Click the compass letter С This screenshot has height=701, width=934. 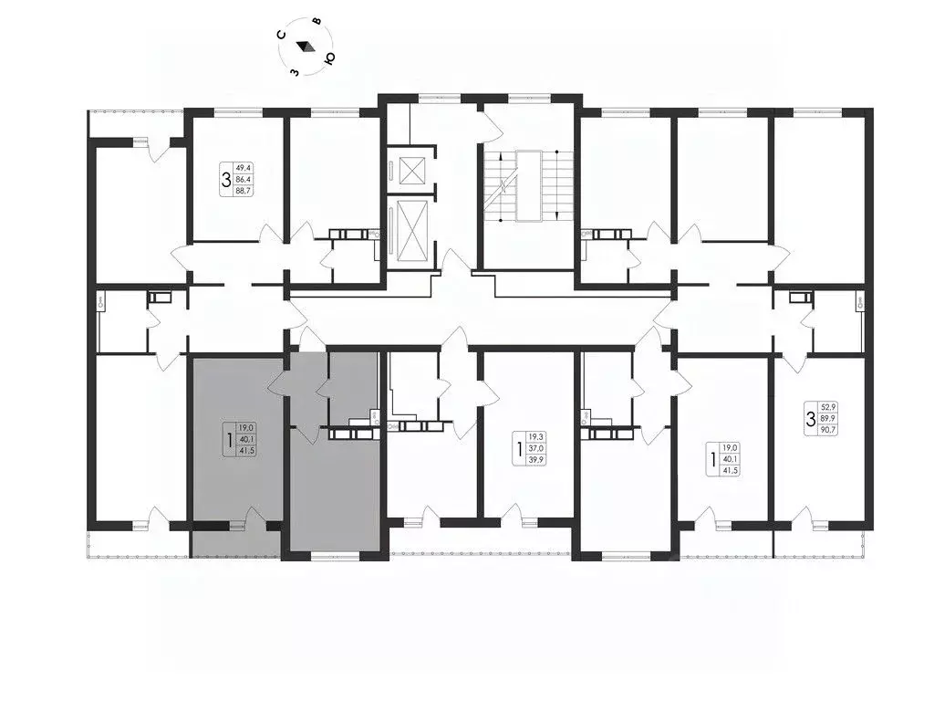(x=283, y=34)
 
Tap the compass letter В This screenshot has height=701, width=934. (x=317, y=22)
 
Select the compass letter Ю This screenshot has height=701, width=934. (x=328, y=58)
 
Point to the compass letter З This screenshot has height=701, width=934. (x=294, y=72)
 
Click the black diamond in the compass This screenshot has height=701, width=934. (x=306, y=47)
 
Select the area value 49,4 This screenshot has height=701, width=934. (x=243, y=168)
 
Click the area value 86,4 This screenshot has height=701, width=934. (x=243, y=179)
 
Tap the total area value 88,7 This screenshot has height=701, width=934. (x=243, y=191)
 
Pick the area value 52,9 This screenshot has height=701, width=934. (x=828, y=407)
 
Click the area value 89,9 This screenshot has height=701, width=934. (x=828, y=418)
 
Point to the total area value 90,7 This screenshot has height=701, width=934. (x=828, y=430)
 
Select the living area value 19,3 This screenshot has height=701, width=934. (x=537, y=437)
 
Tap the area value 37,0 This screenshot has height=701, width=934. (x=537, y=448)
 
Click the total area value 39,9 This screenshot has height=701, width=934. (x=537, y=460)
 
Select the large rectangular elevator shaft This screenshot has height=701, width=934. (x=411, y=232)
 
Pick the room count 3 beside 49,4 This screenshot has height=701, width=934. (x=226, y=180)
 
